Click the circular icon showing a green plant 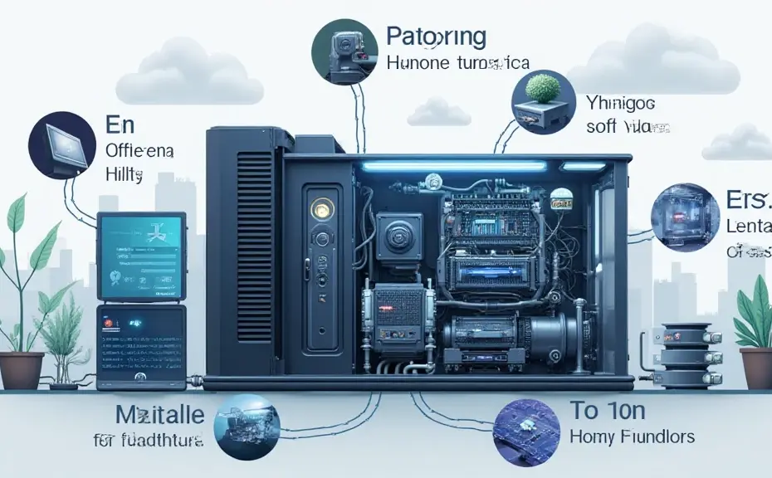click(x=544, y=102)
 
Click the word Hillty click(x=125, y=175)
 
